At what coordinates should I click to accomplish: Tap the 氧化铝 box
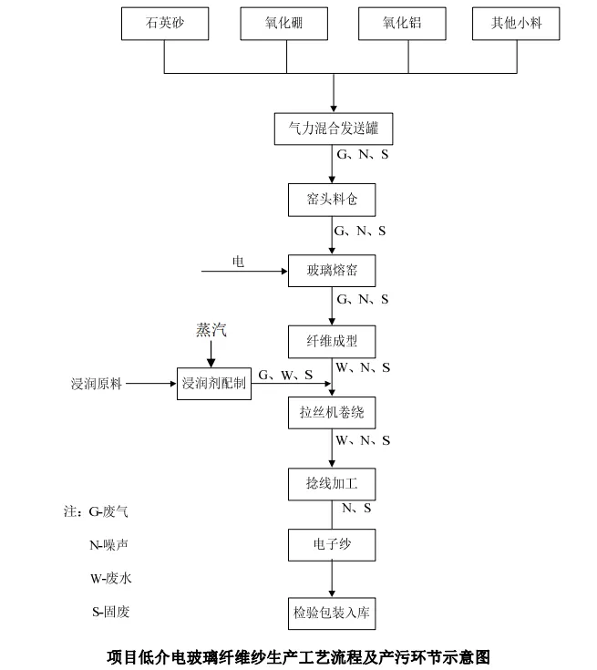tap(402, 25)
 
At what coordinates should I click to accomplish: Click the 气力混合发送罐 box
tap(333, 129)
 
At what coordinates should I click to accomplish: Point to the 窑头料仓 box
tap(332, 200)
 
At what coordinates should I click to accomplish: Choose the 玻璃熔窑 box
tap(332, 270)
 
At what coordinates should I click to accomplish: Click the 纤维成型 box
tap(332, 341)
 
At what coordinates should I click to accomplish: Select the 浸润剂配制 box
tap(213, 384)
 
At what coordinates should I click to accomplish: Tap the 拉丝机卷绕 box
tap(332, 412)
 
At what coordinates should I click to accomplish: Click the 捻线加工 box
tap(332, 483)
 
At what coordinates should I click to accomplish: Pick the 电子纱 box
tap(332, 545)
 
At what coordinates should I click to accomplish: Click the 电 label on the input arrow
tap(238, 262)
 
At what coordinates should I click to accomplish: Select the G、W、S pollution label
tap(285, 375)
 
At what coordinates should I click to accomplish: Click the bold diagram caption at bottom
tap(299, 655)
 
